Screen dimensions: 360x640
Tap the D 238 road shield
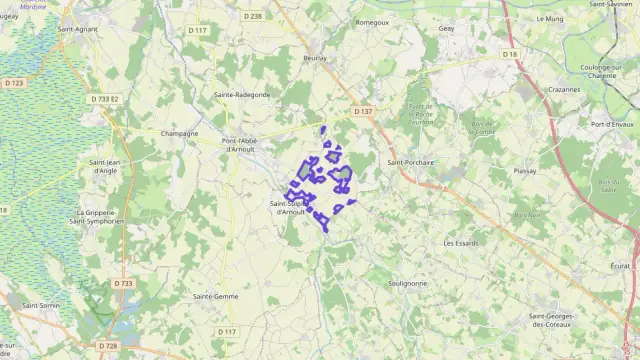(253, 16)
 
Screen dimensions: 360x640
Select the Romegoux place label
(372, 21)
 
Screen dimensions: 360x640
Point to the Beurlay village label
(316, 59)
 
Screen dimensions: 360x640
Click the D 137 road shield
(363, 111)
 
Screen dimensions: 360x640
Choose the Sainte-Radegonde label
(242, 94)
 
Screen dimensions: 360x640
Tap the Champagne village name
(180, 133)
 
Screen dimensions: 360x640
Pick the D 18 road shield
(510, 54)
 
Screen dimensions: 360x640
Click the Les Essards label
(461, 243)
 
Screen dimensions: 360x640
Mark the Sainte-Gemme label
(215, 296)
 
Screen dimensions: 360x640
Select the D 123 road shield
(14, 83)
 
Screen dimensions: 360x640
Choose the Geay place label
(446, 29)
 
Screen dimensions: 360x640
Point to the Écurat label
(620, 266)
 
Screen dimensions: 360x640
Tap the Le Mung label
(550, 18)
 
